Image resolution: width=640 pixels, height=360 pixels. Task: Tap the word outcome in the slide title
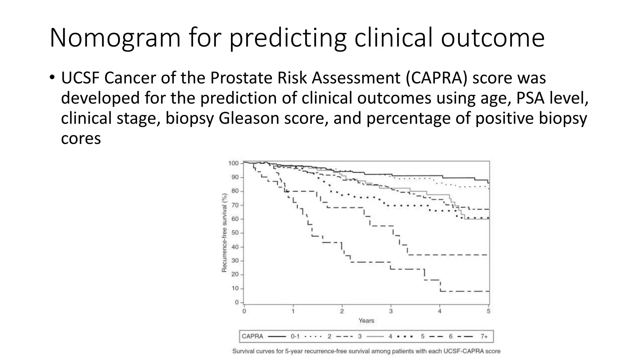tap(492, 38)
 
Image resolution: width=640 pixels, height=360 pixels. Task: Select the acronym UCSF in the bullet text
tap(80, 78)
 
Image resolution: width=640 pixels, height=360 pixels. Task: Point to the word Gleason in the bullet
tap(248, 118)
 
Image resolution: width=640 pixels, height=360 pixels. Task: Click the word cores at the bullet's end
tap(81, 138)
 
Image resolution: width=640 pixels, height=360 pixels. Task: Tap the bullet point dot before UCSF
tap(52, 77)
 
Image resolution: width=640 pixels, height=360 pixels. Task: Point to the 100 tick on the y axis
tap(233, 163)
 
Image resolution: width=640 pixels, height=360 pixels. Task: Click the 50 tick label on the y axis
tap(235, 233)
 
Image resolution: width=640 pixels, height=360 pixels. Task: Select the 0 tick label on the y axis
tap(237, 302)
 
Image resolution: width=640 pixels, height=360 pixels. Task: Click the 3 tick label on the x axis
tap(391, 311)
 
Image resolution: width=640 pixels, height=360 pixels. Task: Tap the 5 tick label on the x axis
tap(488, 311)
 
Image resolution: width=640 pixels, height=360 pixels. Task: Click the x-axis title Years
tap(366, 321)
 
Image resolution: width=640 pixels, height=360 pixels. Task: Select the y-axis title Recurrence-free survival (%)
tap(224, 233)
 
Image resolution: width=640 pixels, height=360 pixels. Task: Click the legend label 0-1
tap(295, 337)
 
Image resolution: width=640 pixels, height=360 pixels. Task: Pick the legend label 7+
tap(484, 337)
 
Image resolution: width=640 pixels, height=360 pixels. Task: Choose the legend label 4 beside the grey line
tap(390, 337)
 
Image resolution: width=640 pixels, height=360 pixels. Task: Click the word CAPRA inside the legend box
tap(252, 337)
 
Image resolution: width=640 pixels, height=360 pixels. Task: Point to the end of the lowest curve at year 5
tap(488, 291)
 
